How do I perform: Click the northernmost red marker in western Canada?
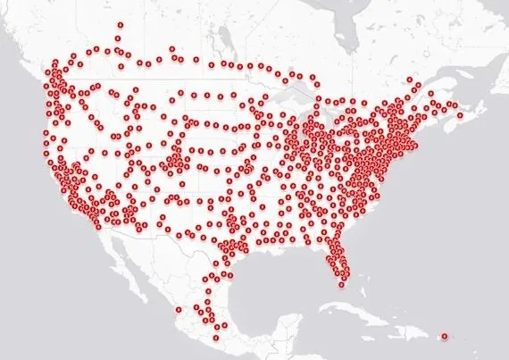tap(121, 26)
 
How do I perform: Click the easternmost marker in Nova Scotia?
tap(460, 115)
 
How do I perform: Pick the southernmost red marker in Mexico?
tap(216, 338)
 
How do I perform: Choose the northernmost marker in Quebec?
tap(412, 87)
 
